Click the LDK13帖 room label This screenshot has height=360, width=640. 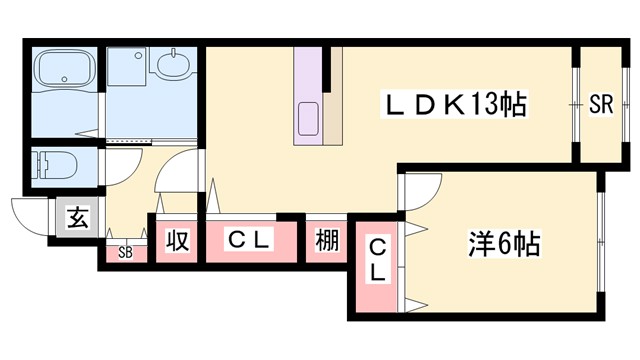coord(454,103)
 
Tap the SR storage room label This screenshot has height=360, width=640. coord(600,102)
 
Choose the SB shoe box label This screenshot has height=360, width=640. coord(125,252)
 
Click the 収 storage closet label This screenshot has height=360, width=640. coord(177,241)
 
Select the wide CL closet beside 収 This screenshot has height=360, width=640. coord(249,241)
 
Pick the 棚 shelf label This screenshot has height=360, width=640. coord(326,241)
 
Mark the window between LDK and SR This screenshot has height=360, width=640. coord(578,102)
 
